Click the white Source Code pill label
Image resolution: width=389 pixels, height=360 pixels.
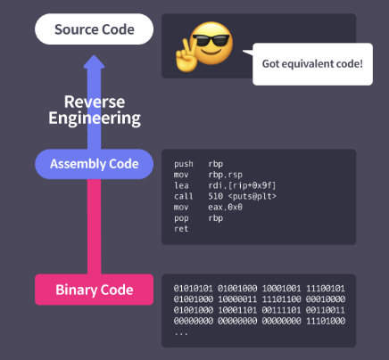(95, 29)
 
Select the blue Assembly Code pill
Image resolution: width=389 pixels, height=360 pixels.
(95, 164)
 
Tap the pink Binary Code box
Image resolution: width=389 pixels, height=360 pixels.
(95, 290)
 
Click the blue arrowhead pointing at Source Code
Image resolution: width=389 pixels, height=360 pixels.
(94, 61)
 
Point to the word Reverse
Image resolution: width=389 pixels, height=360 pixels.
(95, 102)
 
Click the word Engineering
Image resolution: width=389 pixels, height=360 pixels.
(95, 119)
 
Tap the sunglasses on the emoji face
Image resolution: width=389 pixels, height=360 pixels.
(211, 40)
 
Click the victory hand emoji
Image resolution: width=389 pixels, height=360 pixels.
(186, 56)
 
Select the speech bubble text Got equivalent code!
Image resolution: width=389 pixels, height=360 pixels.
(312, 64)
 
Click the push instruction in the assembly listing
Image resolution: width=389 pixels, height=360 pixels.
(184, 164)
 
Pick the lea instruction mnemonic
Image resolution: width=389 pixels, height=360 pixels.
(181, 185)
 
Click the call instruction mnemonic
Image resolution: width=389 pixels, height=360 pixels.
(184, 196)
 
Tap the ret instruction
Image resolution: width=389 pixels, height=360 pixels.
(181, 229)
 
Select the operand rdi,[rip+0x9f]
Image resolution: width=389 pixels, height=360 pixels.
(242, 185)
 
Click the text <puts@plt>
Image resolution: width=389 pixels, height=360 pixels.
(252, 196)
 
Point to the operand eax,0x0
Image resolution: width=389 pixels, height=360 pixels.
(225, 207)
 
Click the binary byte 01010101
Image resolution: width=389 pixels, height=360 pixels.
(194, 289)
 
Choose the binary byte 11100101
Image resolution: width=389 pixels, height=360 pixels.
(326, 289)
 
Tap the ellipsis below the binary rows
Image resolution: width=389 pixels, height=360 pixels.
(181, 334)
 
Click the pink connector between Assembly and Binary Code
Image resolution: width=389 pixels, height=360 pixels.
(94, 226)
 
